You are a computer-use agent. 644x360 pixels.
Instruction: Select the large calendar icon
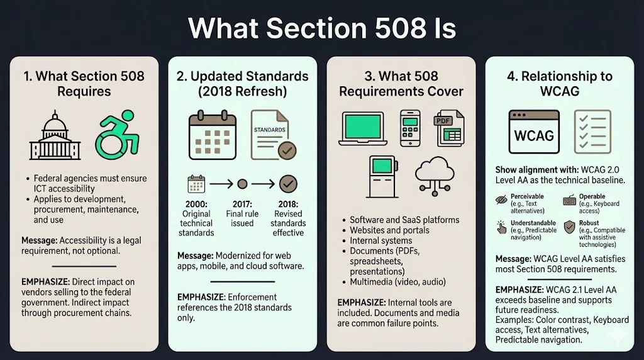(212, 135)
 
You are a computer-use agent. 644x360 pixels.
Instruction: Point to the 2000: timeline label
(197, 205)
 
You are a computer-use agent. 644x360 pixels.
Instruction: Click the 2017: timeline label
(242, 205)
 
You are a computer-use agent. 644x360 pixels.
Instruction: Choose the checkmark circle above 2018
(288, 184)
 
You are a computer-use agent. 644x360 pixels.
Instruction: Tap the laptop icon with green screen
(365, 132)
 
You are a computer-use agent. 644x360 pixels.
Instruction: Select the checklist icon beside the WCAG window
(592, 132)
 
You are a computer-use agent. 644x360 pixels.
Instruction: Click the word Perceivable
(527, 196)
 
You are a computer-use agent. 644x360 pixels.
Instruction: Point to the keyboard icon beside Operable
(569, 201)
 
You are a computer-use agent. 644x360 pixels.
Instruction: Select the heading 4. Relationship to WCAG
(559, 84)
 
